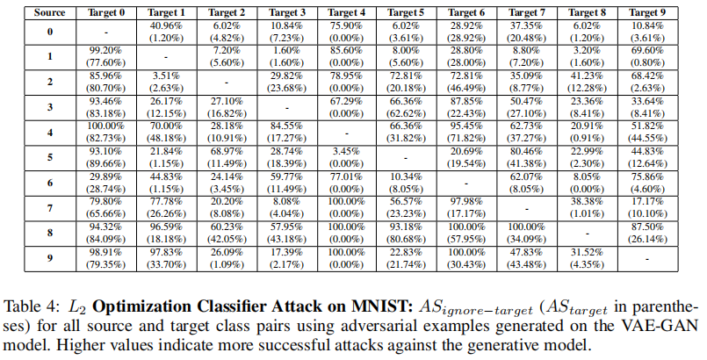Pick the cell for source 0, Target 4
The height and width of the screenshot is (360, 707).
coord(348,32)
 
